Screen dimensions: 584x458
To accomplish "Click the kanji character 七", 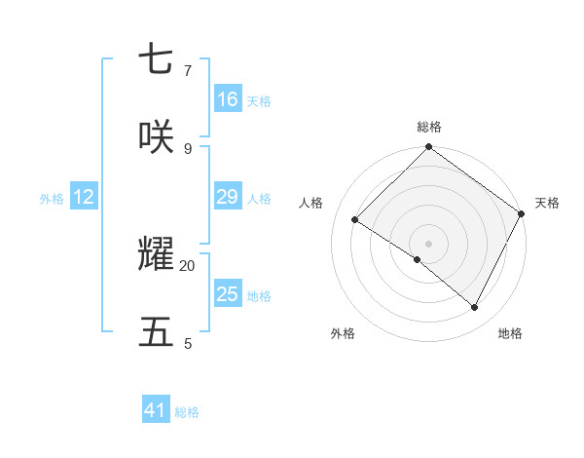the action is click(x=156, y=60).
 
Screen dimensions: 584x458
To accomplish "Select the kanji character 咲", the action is click(x=156, y=137).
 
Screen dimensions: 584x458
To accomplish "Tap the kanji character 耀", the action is click(x=156, y=255).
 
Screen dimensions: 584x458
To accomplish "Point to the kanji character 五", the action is click(x=156, y=332).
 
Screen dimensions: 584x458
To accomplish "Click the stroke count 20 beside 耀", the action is click(x=188, y=265).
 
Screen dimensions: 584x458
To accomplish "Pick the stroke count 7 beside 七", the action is click(x=188, y=70).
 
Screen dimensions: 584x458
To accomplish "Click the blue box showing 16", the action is click(x=228, y=99).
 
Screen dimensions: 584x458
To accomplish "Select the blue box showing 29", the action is click(x=228, y=197).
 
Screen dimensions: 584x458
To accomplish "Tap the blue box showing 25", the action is click(x=228, y=294).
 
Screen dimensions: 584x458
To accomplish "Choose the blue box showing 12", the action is click(x=84, y=197).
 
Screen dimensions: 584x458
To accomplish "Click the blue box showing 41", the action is click(x=156, y=410).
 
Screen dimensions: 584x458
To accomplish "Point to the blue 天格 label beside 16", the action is click(x=259, y=100).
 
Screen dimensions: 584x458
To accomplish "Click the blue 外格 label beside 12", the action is click(x=52, y=198).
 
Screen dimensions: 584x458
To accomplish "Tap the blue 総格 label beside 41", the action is click(x=187, y=411).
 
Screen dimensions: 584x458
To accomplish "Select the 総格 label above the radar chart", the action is click(x=428, y=127).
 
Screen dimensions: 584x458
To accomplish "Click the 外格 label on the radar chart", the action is click(x=343, y=333).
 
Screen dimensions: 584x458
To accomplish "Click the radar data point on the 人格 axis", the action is click(x=355, y=219).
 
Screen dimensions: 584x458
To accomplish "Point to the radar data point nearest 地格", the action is click(x=475, y=307).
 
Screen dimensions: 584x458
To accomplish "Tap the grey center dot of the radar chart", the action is click(x=428, y=243).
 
